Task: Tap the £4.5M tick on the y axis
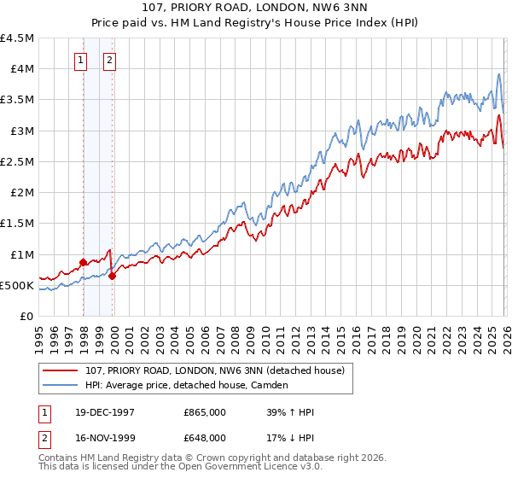click(18, 38)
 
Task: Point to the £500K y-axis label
click(17, 285)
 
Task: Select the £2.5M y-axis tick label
click(18, 161)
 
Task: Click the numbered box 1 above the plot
click(80, 60)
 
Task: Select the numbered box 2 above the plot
click(111, 60)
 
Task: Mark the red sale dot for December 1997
click(83, 263)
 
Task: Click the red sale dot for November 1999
click(112, 276)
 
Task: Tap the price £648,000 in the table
click(204, 437)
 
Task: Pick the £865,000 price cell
click(204, 412)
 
